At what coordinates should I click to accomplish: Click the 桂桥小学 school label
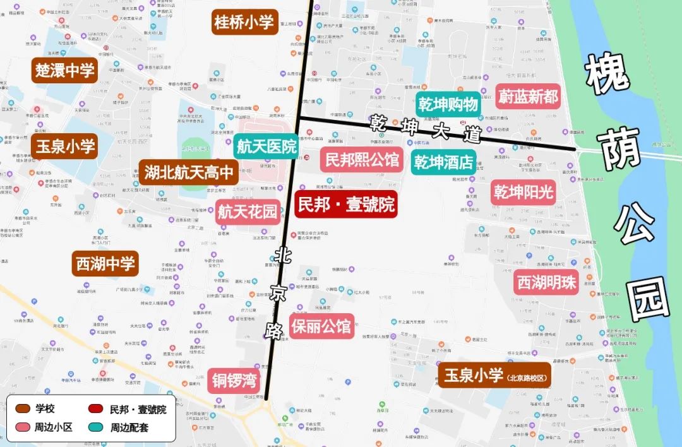point(244,23)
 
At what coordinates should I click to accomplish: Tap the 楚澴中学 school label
point(65,70)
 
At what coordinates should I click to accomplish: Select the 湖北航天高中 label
point(189,172)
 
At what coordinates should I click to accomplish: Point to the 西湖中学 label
point(105,263)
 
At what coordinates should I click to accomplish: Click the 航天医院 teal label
point(266,147)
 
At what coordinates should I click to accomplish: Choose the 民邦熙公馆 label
point(362,160)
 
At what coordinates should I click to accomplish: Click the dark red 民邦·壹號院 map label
point(346,204)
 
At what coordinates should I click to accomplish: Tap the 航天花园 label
point(248,212)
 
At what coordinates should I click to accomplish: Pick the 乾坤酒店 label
point(444,162)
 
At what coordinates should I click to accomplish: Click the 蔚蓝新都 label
point(528,97)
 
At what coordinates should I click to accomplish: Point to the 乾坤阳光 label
point(523,191)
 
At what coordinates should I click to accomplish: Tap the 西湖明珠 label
point(547,282)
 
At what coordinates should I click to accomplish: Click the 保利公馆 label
point(321,326)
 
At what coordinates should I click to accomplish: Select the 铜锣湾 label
point(234,379)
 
